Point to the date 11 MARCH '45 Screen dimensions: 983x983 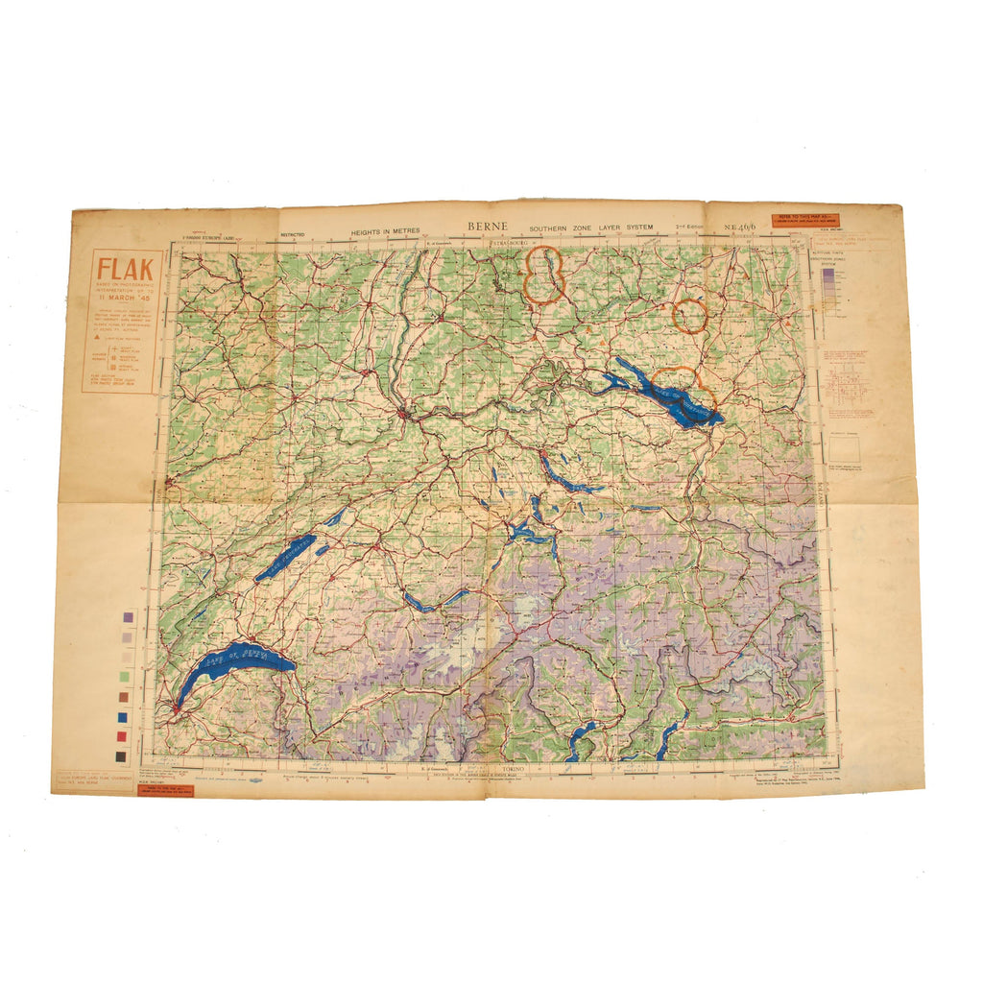pos(122,312)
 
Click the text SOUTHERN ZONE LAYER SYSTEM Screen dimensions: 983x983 pos(590,228)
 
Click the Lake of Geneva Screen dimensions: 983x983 pos(235,666)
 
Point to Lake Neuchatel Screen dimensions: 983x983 pos(285,557)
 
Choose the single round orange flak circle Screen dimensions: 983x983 pos(689,315)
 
